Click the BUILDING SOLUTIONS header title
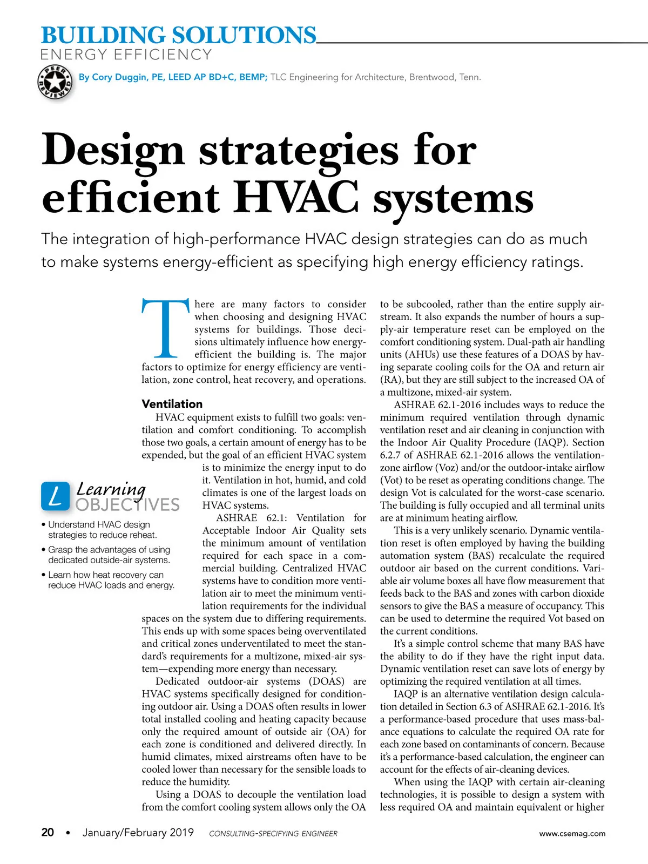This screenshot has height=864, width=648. [178, 35]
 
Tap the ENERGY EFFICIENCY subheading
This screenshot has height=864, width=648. [126, 55]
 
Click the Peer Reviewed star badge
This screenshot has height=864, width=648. [55, 83]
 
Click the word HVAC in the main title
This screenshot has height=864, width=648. [296, 198]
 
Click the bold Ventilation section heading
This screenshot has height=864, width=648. [172, 404]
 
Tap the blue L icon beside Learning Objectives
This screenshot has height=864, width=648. [55, 496]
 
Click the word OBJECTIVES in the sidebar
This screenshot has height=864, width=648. [127, 505]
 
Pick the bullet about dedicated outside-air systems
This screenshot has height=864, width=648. [109, 555]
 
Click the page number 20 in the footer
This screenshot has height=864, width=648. [48, 832]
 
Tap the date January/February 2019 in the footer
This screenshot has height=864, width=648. [138, 832]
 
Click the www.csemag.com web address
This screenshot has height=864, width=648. [572, 833]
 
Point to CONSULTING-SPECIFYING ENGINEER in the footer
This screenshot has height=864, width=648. [273, 834]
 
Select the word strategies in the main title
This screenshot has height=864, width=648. [299, 150]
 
